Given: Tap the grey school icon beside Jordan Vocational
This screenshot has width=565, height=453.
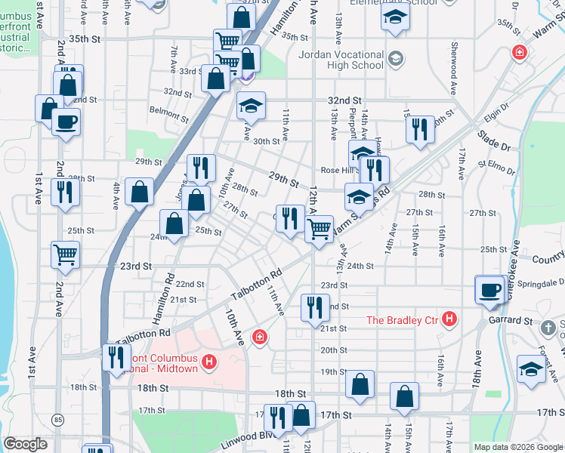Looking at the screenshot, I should pyautogui.click(x=395, y=59).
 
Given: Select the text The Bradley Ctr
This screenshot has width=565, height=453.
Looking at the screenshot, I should pyautogui.click(x=403, y=320).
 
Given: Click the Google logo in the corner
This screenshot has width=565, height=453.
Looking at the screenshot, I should pyautogui.click(x=26, y=444).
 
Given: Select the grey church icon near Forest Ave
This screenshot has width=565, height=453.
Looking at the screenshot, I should pyautogui.click(x=549, y=328).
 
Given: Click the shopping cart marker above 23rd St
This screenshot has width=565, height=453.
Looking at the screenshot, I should pyautogui.click(x=66, y=254).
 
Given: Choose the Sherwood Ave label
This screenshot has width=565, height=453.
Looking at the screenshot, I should pyautogui.click(x=455, y=60).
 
